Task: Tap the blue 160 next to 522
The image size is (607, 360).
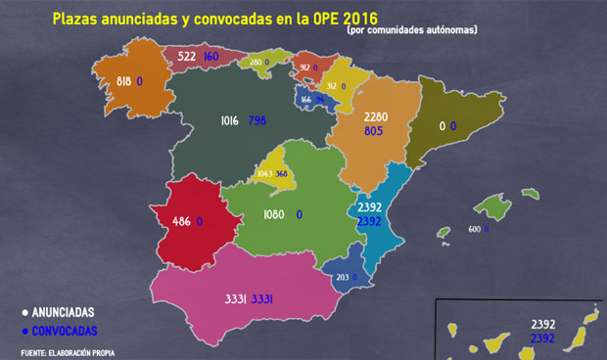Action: pyautogui.click(x=211, y=58)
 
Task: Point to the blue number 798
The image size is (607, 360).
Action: pyautogui.click(x=257, y=121)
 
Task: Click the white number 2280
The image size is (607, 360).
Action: pyautogui.click(x=376, y=116)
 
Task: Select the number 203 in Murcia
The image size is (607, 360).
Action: pyautogui.click(x=342, y=278)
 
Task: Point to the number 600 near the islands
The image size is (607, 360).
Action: pyautogui.click(x=474, y=229)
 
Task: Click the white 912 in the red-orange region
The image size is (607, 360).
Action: pyautogui.click(x=304, y=67)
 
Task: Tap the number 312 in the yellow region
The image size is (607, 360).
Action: pyautogui.click(x=331, y=86)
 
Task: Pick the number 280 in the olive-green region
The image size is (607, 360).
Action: pyautogui.click(x=255, y=63)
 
